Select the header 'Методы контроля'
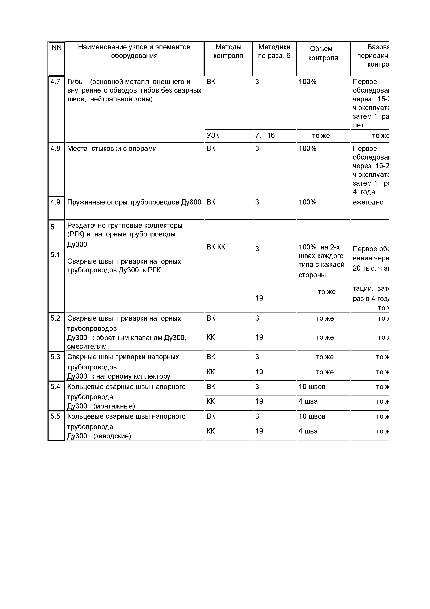point(228,51)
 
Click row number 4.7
point(55,82)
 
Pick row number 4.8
point(55,149)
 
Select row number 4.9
point(55,202)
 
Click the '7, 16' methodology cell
point(265,136)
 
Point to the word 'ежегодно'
point(368,202)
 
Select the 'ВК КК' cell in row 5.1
point(216,247)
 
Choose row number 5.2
point(55,318)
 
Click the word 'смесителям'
point(87,346)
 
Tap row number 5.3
point(55,357)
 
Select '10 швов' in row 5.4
point(312,387)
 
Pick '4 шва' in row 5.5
point(308,431)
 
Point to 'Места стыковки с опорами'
point(112,149)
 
